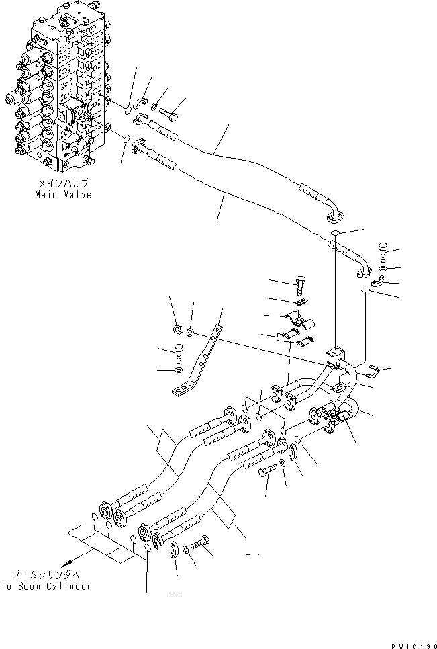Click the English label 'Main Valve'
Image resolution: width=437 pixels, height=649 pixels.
(x=64, y=194)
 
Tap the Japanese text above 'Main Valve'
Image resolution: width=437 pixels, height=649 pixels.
(x=64, y=183)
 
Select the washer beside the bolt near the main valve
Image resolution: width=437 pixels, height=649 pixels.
(x=156, y=105)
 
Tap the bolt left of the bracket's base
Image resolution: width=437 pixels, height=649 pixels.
(x=179, y=351)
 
